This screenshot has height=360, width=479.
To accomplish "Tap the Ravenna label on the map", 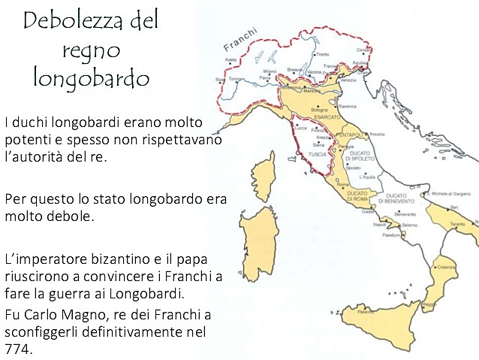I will point(348,107).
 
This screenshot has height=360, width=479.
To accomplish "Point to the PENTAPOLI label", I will point(349,134).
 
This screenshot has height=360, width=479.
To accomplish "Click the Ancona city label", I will point(377,134).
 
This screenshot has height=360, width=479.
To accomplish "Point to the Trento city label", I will point(322,55).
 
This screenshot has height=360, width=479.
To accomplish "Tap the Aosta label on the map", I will point(231,59).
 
